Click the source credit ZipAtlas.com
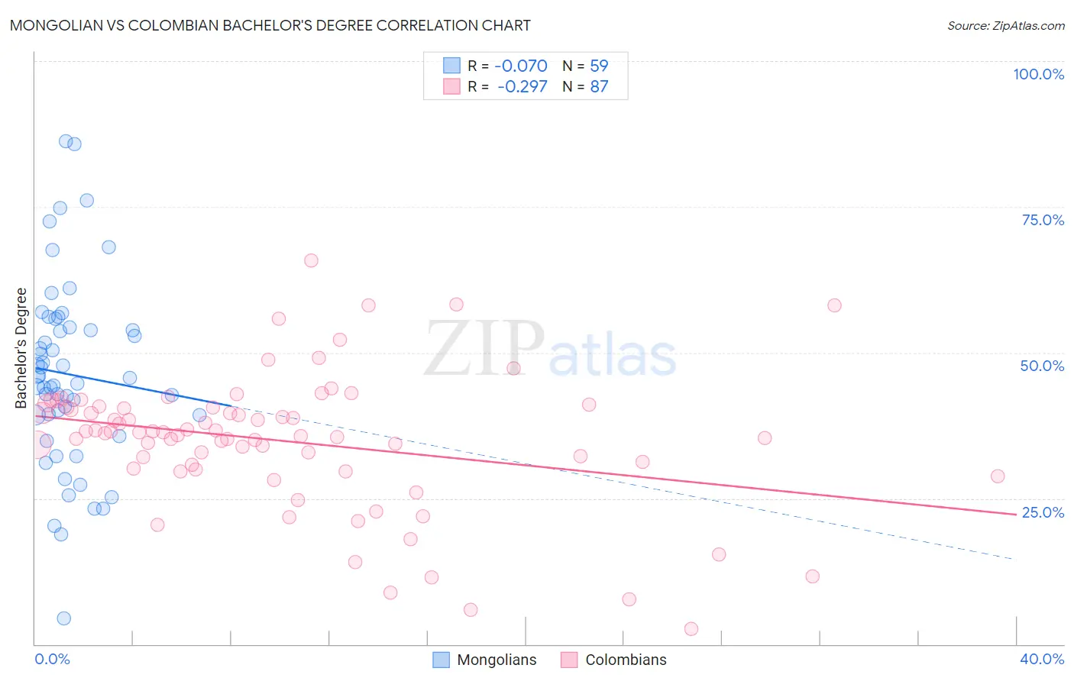point(1005,25)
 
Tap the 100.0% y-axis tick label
point(1038,74)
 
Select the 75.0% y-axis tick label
point(1043,220)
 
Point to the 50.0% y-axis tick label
point(1042,366)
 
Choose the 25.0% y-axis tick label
point(1043,512)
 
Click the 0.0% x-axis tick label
point(52,659)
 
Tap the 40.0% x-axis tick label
point(1042,659)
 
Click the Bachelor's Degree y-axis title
point(21,348)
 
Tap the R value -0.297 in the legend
point(522,86)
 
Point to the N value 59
point(599,66)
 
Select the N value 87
point(599,86)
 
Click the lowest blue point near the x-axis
point(64,618)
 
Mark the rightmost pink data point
point(997,476)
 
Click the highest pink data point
point(311,260)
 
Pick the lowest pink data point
point(691,628)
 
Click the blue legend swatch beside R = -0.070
point(452,66)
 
